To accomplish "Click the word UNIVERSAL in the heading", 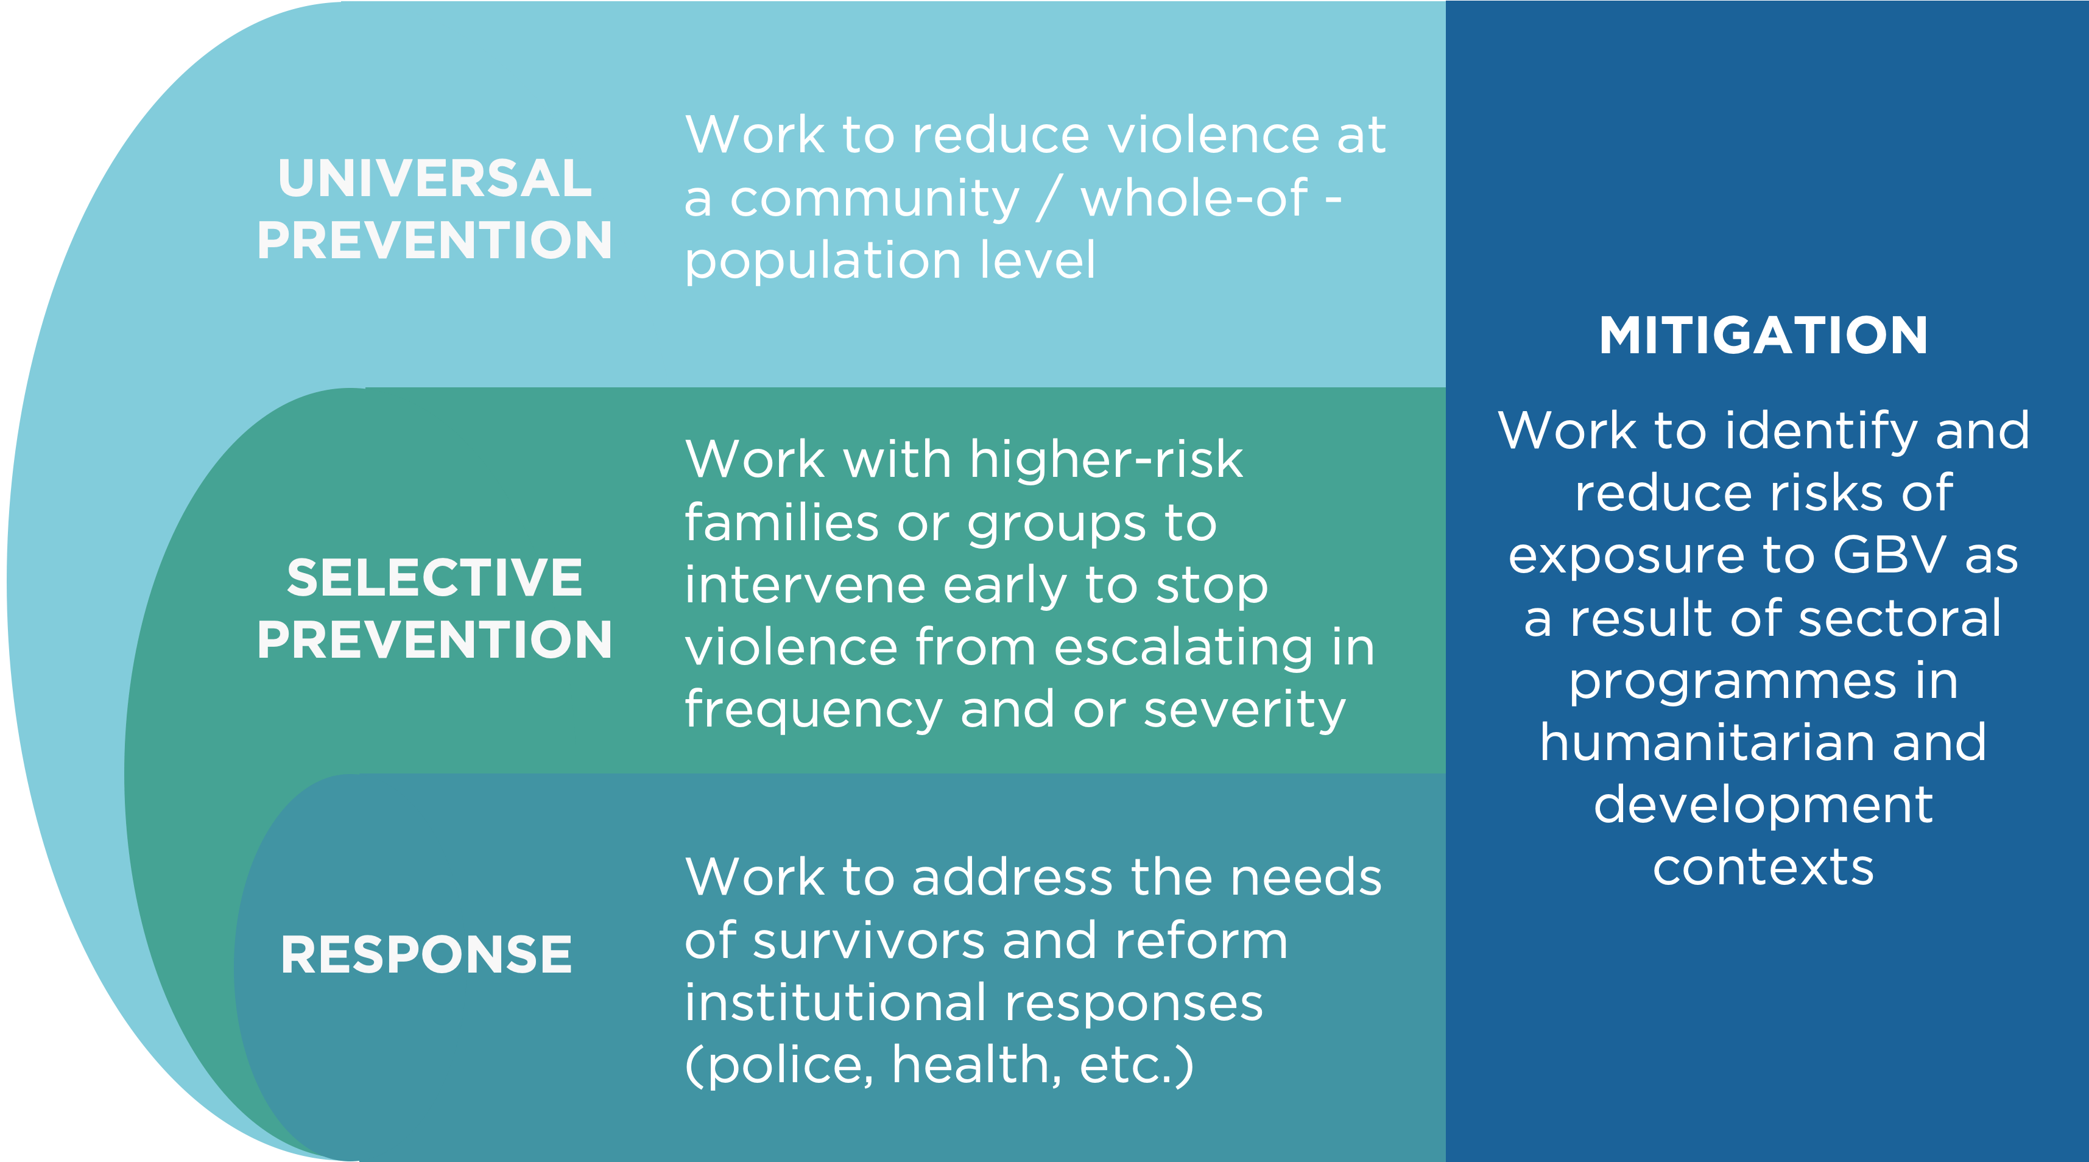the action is click(435, 178).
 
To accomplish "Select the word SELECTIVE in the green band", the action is click(435, 577).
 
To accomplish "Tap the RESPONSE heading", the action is click(426, 954).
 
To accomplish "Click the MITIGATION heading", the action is click(1763, 335).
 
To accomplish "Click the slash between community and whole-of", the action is click(1049, 199).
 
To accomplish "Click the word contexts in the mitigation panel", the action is click(1763, 868).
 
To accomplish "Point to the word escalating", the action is click(1182, 648).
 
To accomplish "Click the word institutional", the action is click(835, 1002).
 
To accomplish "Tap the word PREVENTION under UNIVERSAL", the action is click(435, 240).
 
